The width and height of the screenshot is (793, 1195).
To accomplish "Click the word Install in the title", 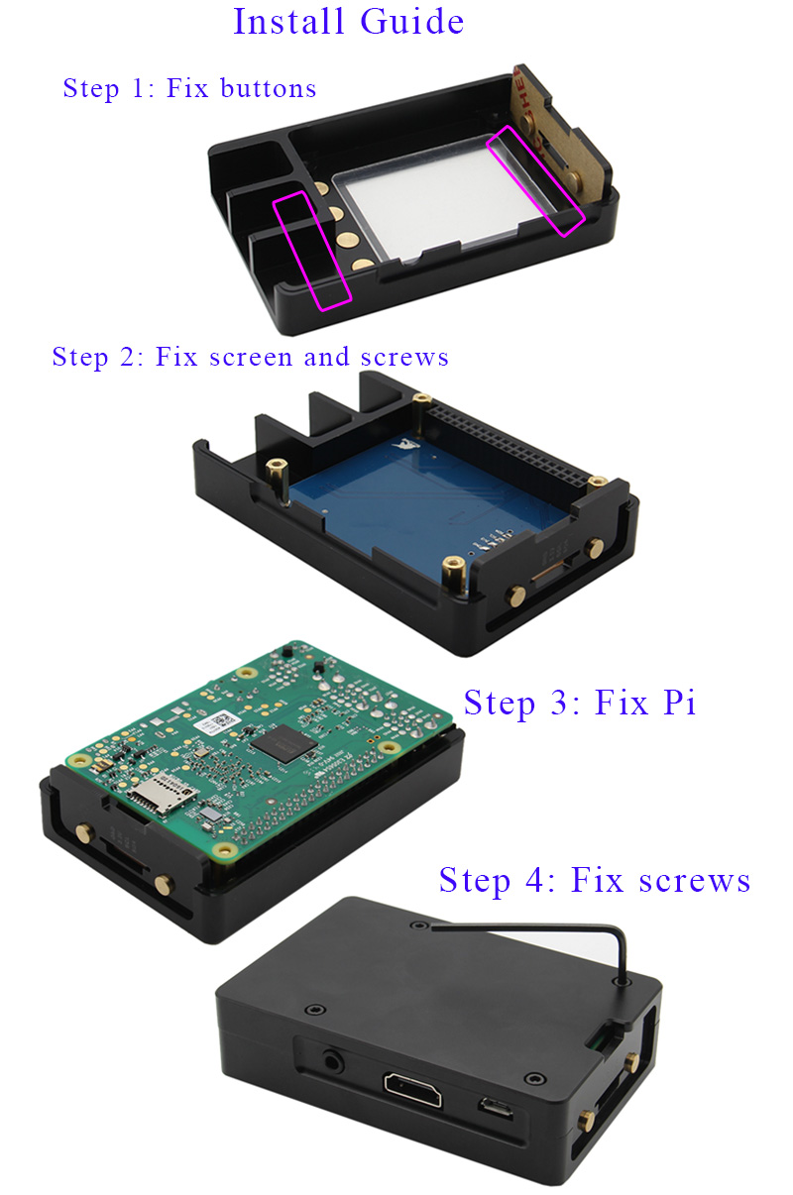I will [x=286, y=22].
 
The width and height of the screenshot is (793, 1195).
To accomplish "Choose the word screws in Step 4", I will [x=694, y=880].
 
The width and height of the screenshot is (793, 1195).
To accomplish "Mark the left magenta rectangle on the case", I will [x=312, y=251].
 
